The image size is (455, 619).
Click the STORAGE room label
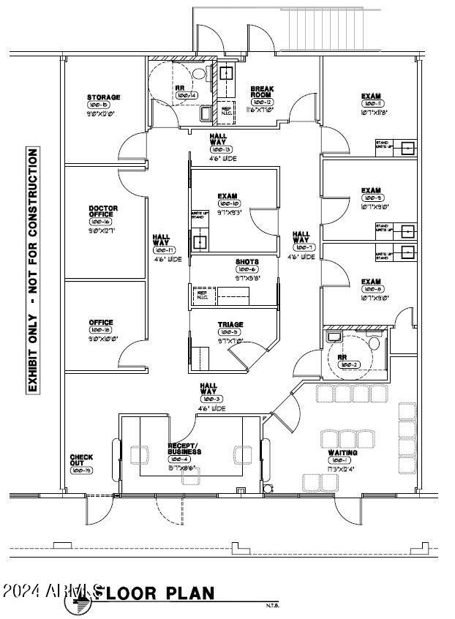coord(103,97)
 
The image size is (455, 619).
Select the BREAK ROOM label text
coord(261,91)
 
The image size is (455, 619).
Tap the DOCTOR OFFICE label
coord(102,212)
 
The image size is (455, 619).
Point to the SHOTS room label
coord(247,262)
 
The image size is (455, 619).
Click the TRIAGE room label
coord(230,324)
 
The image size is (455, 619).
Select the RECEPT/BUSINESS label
coord(183,449)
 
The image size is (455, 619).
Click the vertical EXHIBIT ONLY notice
coord(33,271)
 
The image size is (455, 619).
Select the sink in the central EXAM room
coord(198,241)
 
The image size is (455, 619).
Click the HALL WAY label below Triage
coord(208,391)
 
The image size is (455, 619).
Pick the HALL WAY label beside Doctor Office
coord(161,241)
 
